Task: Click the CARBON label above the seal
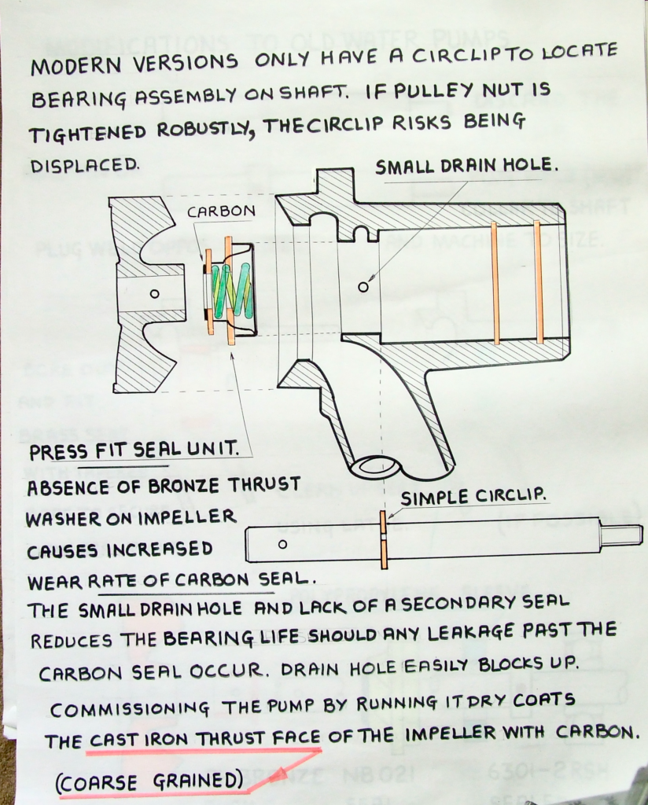coord(221,211)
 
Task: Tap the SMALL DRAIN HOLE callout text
coord(466,166)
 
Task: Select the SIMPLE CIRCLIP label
coord(473,496)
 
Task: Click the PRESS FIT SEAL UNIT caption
coord(134,451)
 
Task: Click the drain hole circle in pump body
coord(363,286)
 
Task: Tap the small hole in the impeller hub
coord(154,294)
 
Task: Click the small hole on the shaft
coord(282,545)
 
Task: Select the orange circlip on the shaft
coord(383,540)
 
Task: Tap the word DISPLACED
coord(85,165)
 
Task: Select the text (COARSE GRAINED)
coord(149,781)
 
